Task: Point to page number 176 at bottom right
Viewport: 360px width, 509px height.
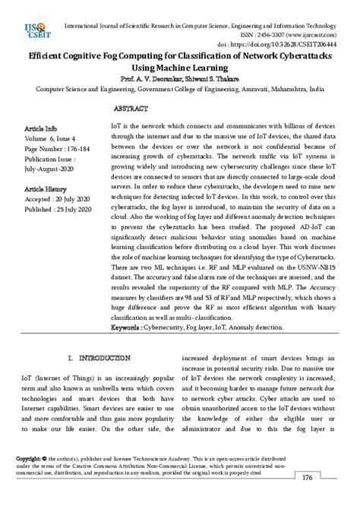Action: [307, 478]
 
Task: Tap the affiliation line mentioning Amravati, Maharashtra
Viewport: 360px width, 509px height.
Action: [179, 89]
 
